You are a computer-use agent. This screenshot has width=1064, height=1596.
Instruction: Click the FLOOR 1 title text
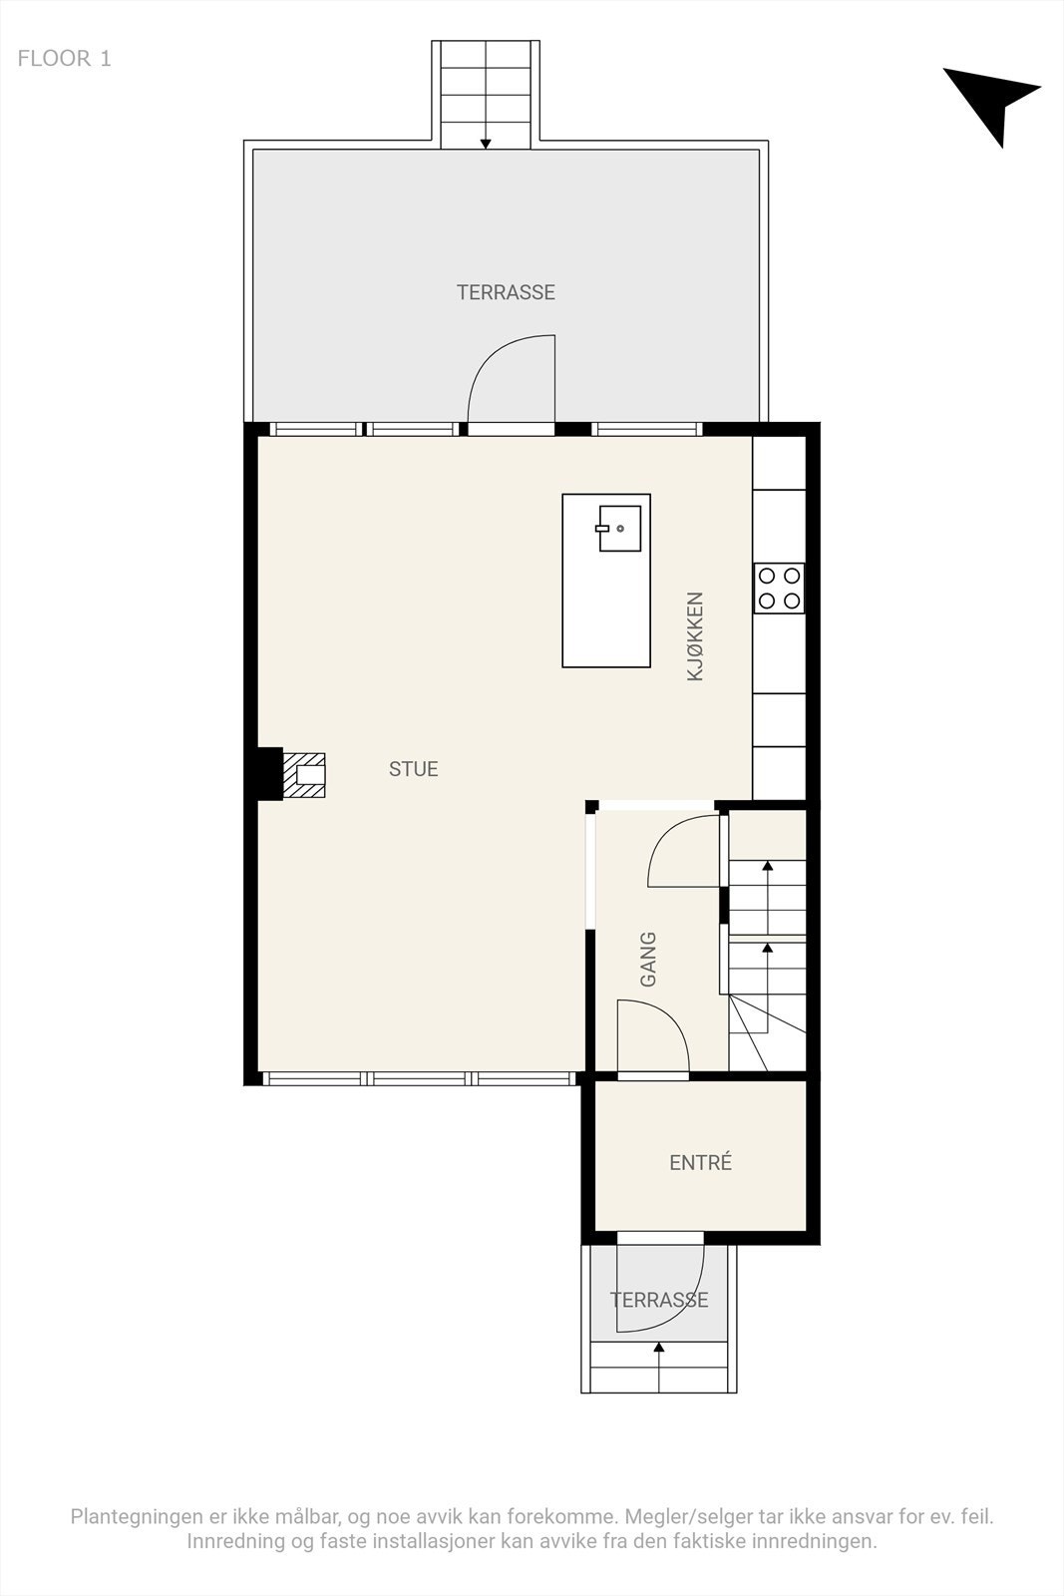(x=64, y=59)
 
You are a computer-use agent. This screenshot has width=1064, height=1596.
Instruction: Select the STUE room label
(x=413, y=769)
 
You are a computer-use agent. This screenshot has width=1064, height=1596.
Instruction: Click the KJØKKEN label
(x=695, y=636)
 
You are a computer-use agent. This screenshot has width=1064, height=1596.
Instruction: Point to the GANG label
(x=648, y=960)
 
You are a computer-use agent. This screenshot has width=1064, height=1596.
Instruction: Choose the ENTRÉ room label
(x=700, y=1163)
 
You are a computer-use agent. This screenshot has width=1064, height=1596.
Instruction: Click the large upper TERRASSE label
(x=506, y=292)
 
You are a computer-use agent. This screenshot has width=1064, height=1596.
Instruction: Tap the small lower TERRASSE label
(x=659, y=1301)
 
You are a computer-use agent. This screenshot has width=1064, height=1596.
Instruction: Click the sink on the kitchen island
(x=619, y=529)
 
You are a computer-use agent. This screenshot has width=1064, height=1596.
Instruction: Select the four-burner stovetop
(x=779, y=588)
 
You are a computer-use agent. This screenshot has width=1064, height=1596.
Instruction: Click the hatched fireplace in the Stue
(x=305, y=775)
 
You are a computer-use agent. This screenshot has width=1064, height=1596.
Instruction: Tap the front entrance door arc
(x=658, y=1287)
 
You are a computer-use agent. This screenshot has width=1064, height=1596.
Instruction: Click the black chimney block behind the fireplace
(x=268, y=774)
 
